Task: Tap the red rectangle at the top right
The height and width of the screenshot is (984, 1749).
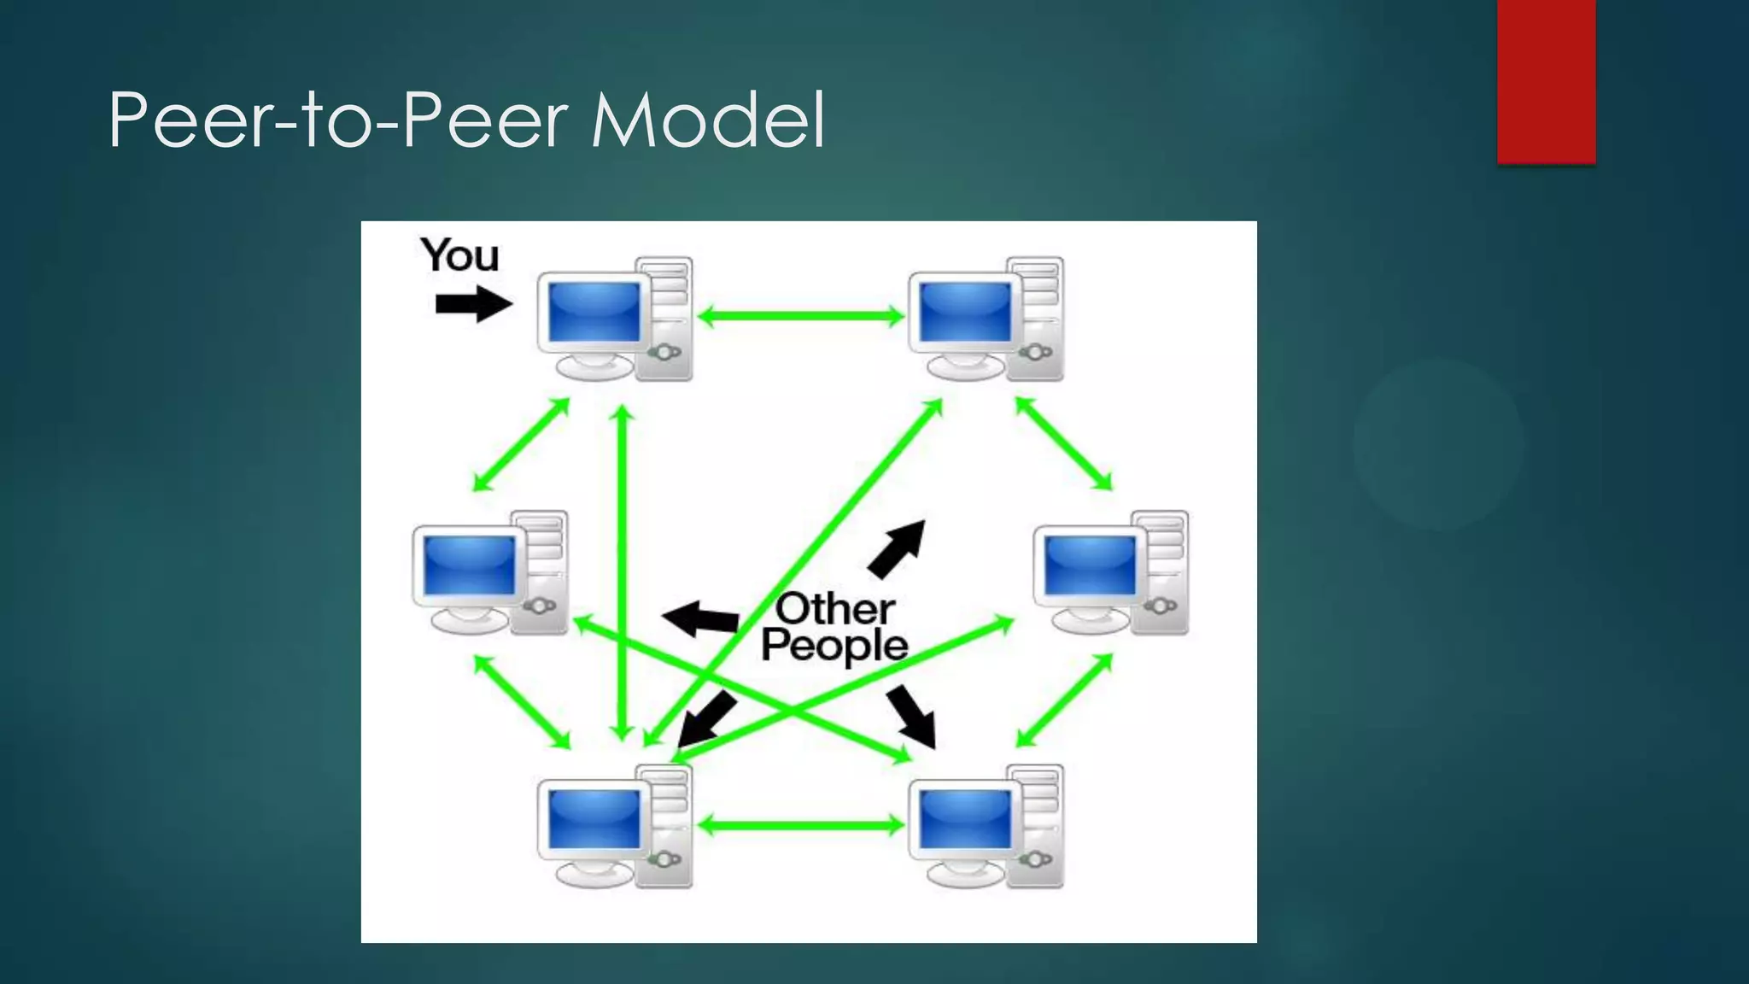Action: pos(1546,81)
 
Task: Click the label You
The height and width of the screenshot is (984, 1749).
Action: pos(459,255)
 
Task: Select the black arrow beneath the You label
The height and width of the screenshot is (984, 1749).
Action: pos(472,304)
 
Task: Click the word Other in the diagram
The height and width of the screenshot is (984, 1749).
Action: pos(834,609)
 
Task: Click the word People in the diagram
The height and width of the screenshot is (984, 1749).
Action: pos(834,647)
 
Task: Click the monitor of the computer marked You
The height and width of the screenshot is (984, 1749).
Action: pos(594,312)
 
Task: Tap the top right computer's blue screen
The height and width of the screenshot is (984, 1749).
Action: pos(964,312)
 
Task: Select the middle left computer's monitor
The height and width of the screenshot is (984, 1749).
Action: pos(469,566)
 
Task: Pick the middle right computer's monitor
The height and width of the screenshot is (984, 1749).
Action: pos(1090,566)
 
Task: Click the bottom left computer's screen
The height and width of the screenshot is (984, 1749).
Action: pos(594,819)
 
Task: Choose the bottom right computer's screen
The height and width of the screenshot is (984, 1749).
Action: pos(964,819)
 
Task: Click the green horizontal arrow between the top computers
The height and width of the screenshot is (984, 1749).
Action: pos(800,317)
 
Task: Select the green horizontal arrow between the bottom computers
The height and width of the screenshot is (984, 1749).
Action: pos(800,825)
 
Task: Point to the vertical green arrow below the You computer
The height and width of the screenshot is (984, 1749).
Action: pos(623,572)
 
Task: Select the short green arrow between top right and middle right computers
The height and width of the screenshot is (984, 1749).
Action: pos(1063,443)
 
